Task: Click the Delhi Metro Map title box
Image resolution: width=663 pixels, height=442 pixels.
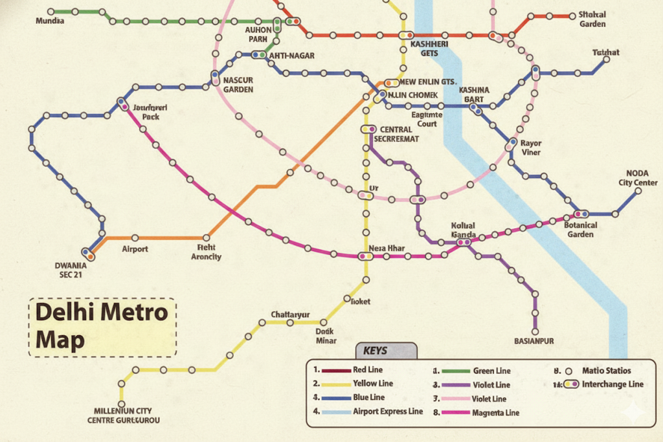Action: (102, 327)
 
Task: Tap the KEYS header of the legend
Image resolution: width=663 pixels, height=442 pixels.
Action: (376, 351)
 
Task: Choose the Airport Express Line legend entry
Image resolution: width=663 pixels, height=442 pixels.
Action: (387, 411)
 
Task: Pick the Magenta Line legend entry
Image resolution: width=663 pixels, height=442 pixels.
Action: (495, 412)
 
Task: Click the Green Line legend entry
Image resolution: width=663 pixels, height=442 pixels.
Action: (491, 371)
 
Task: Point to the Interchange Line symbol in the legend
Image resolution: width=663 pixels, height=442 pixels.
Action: (571, 384)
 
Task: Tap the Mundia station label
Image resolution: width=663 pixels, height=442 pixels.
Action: (50, 21)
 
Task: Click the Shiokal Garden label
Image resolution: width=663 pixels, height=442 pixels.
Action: (592, 19)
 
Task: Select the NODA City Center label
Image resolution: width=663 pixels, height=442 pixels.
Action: (637, 178)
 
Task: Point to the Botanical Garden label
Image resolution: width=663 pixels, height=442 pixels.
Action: (580, 230)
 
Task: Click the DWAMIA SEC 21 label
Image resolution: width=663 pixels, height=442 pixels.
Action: (71, 269)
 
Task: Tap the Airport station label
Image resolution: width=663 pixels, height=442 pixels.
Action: (135, 249)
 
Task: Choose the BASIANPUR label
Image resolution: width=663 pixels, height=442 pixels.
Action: (534, 340)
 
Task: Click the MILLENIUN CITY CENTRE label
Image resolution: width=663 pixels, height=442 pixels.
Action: (123, 415)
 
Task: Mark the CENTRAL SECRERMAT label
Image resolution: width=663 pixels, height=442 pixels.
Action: (399, 134)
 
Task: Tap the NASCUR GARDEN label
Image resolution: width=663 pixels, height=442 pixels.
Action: (238, 85)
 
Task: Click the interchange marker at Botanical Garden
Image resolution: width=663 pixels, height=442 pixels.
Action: (581, 214)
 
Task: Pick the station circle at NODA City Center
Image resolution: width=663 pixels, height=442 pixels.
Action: (638, 191)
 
